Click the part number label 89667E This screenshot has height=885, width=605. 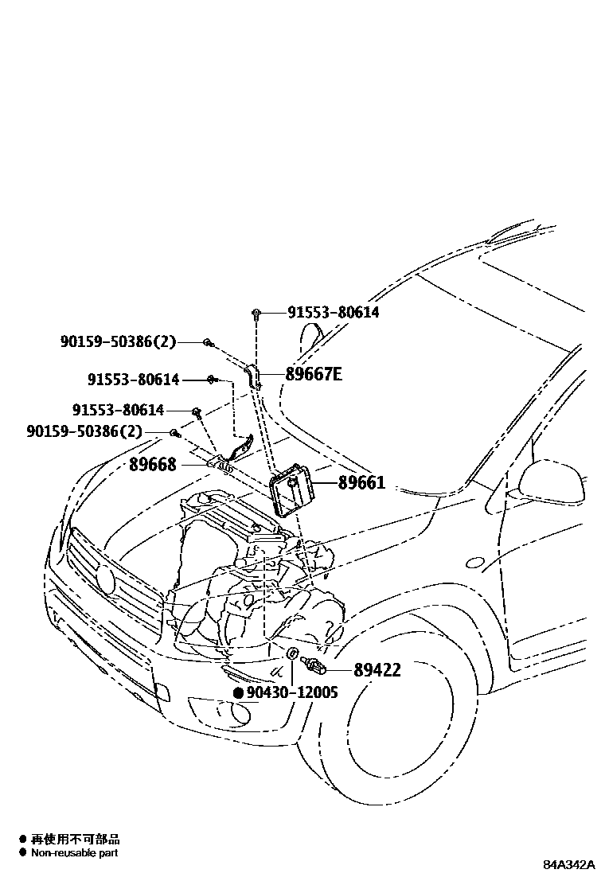coord(313,373)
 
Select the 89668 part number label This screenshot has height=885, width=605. coord(152,464)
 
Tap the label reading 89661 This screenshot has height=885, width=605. coord(361,482)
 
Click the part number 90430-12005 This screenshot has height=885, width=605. coord(291,692)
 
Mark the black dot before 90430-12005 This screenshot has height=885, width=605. coord(238,693)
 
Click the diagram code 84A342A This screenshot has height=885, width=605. coord(569,864)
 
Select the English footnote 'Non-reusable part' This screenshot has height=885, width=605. coord(74,852)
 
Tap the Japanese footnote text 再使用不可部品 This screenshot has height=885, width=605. coord(75,839)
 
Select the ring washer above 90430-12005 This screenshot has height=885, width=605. coord(293,653)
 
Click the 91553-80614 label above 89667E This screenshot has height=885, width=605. coord(333,313)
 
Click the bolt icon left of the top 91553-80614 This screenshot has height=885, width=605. coord(256,313)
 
